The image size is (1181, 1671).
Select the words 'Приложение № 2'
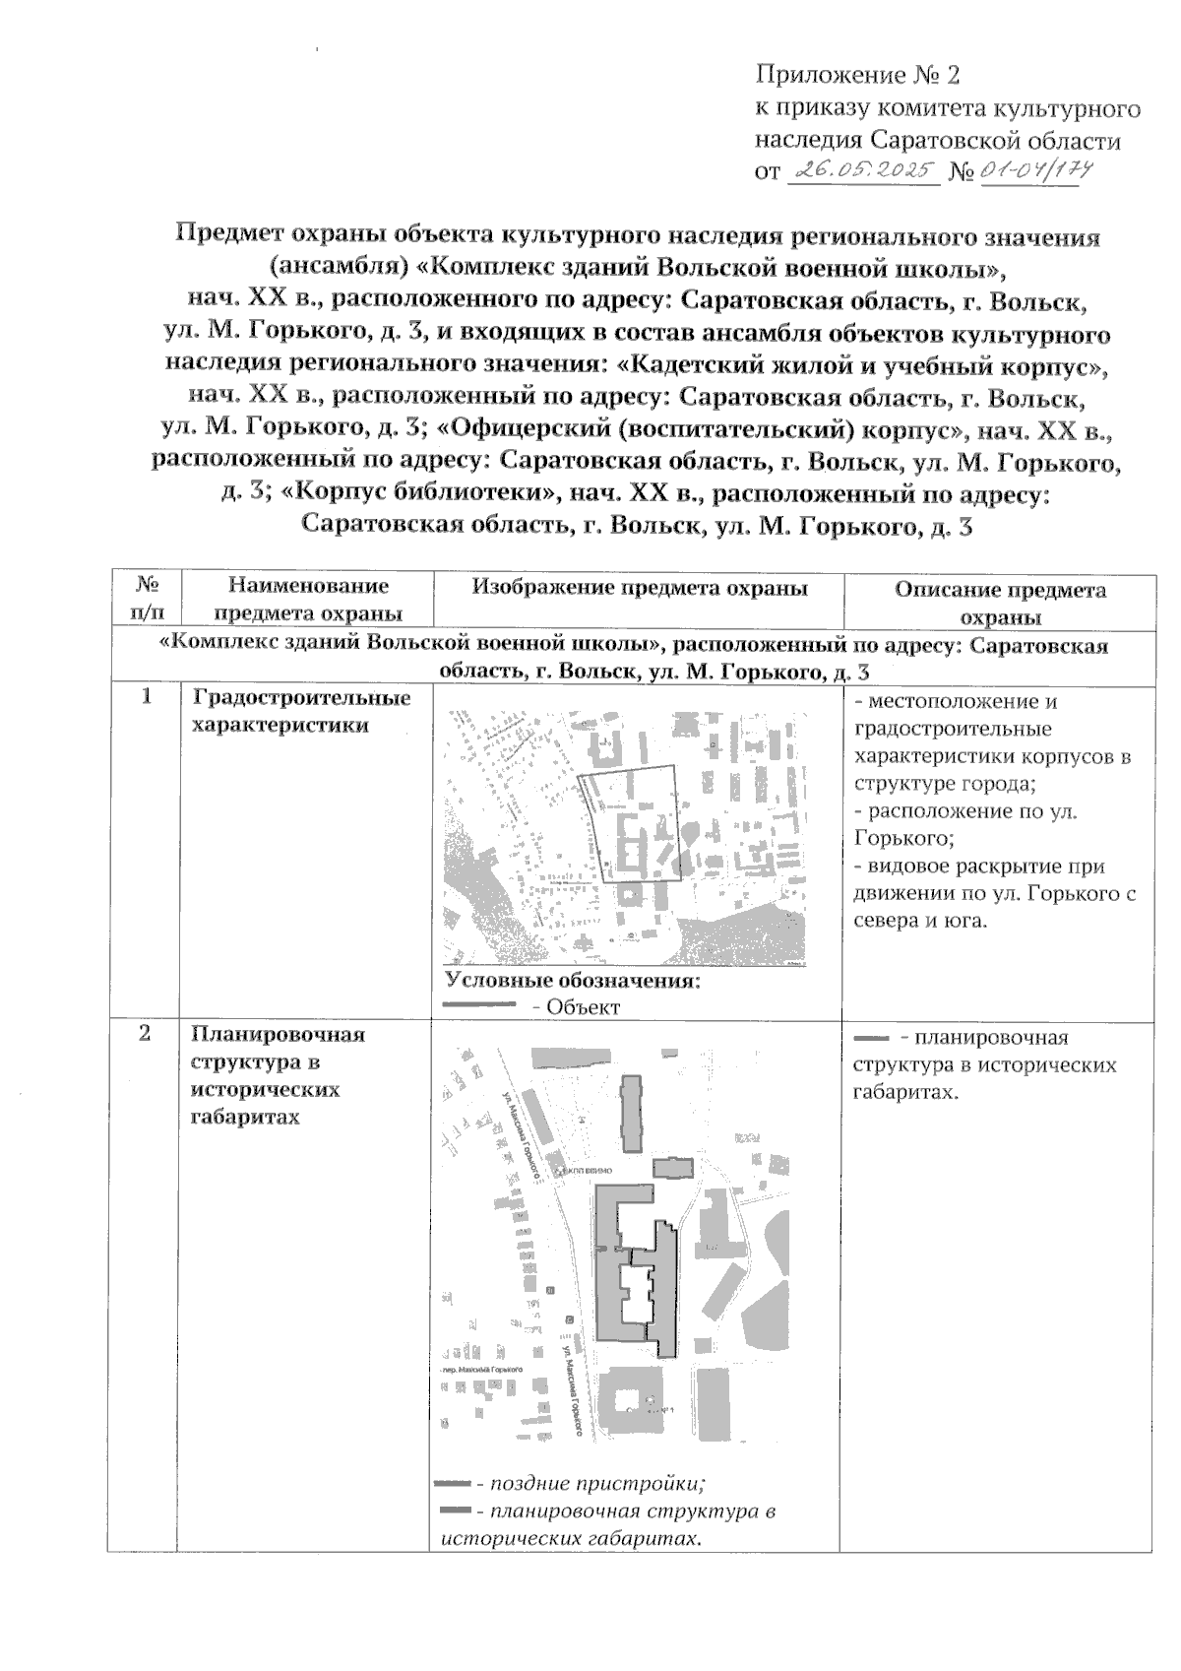click(856, 75)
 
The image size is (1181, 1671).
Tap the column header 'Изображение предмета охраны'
click(640, 588)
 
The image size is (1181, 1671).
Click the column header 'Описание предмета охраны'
click(1000, 603)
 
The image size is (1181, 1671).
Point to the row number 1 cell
click(145, 697)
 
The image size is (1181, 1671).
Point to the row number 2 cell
click(145, 1034)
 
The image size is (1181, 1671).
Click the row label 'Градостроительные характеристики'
click(302, 711)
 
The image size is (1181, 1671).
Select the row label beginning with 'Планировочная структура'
click(279, 1075)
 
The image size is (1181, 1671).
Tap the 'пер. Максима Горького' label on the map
click(479, 1369)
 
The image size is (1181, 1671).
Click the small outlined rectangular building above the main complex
click(673, 1168)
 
